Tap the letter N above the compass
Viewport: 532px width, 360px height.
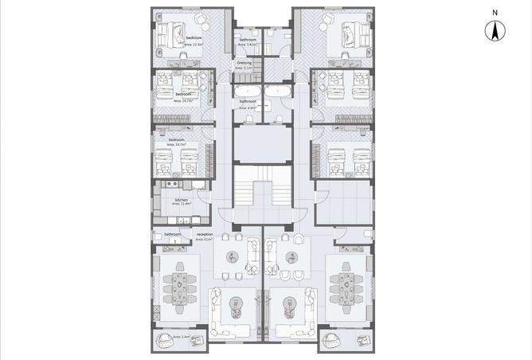495,13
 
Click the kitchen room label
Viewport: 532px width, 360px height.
181,199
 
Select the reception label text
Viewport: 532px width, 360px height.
205,234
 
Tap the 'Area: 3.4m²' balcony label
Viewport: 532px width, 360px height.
181,338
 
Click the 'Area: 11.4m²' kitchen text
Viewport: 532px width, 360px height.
182,205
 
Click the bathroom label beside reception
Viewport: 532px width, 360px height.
172,235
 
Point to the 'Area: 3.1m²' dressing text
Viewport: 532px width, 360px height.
244,68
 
